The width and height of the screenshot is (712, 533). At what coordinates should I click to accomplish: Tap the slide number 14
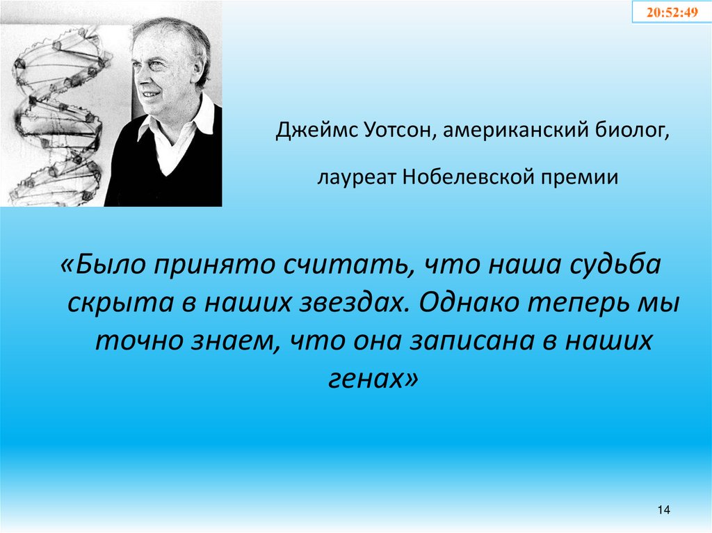tap(662, 511)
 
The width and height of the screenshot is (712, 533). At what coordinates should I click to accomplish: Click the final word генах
tap(368, 379)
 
